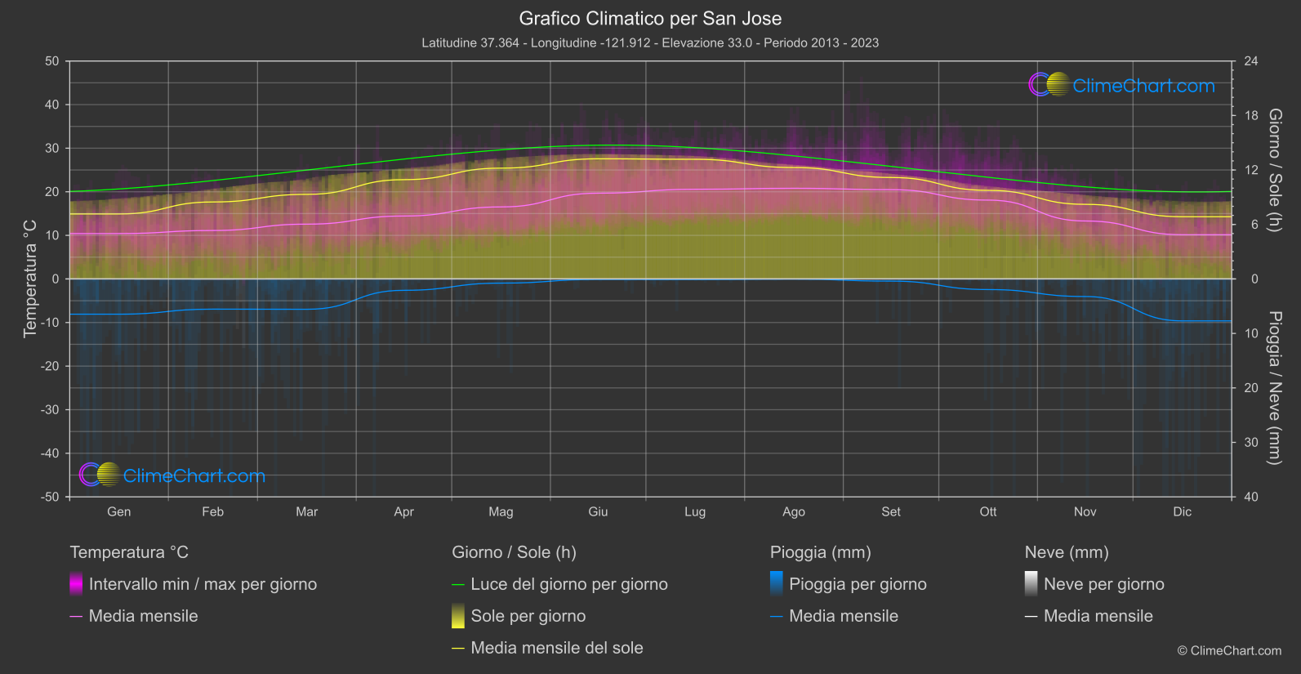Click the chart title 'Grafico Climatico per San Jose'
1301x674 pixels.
pyautogui.click(x=650, y=19)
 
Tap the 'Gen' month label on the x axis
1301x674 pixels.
pyautogui.click(x=118, y=512)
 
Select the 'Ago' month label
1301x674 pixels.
pyautogui.click(x=793, y=512)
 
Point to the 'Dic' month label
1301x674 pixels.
pyautogui.click(x=1182, y=512)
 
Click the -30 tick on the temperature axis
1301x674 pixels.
pyautogui.click(x=50, y=410)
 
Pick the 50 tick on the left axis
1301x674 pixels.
pyautogui.click(x=52, y=61)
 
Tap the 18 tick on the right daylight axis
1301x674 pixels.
pyautogui.click(x=1251, y=116)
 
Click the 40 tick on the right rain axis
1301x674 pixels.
pyautogui.click(x=1251, y=497)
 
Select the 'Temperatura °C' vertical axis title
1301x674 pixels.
pyautogui.click(x=30, y=278)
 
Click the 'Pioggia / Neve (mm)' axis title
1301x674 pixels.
pyautogui.click(x=1274, y=388)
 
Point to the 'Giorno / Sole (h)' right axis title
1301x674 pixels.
pyautogui.click(x=1274, y=170)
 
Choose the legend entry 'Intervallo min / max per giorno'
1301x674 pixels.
pyautogui.click(x=203, y=584)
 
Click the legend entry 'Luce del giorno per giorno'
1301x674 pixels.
pyautogui.click(x=568, y=584)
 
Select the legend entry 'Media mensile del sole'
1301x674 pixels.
pyautogui.click(x=556, y=648)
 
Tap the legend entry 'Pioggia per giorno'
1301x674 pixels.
pyautogui.click(x=858, y=584)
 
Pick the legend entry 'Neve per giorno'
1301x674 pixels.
pyautogui.click(x=1103, y=584)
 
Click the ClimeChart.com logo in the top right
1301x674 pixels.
pyautogui.click(x=1122, y=85)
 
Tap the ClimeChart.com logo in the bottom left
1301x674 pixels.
pyautogui.click(x=172, y=475)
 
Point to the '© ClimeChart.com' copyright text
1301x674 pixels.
pyautogui.click(x=1229, y=651)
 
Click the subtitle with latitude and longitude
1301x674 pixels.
pyautogui.click(x=650, y=43)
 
